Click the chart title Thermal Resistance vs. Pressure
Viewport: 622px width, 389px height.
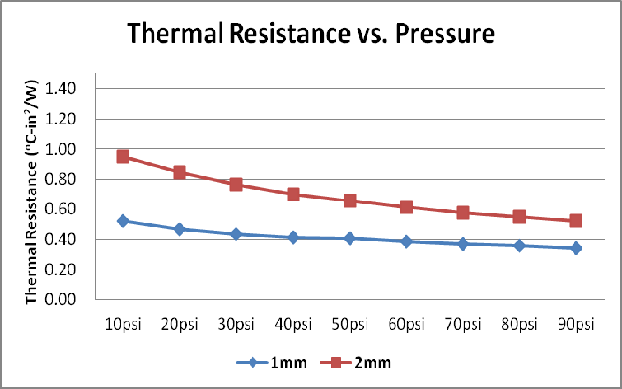pos(310,35)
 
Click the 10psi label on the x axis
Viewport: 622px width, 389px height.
pos(123,323)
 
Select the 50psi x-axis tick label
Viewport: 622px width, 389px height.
pos(349,323)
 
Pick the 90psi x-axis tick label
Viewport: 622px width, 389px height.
pos(576,323)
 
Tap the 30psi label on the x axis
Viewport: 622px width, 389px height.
pos(236,323)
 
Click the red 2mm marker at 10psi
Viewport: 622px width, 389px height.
pos(123,157)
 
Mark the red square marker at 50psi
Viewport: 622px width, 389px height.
pos(349,201)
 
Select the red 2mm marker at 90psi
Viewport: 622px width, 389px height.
pos(576,221)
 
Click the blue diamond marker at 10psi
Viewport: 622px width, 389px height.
pos(123,221)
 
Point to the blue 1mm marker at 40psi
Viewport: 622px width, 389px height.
pos(292,237)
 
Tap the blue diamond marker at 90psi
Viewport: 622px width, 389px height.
pos(576,248)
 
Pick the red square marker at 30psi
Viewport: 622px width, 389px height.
pos(236,185)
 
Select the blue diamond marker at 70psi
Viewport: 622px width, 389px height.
pos(463,244)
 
